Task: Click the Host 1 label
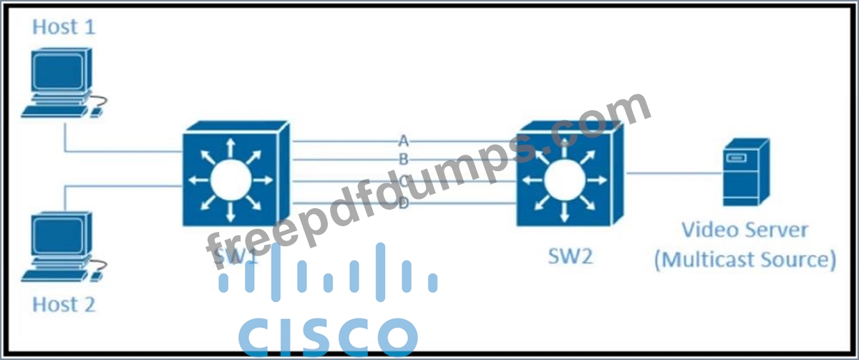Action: pos(64,28)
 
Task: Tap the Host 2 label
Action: pos(64,304)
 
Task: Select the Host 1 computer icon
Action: pos(61,82)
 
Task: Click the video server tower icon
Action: pos(746,172)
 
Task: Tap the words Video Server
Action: pos(744,230)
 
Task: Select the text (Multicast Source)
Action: pos(744,258)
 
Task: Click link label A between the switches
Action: pos(404,139)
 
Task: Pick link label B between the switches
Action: pos(404,158)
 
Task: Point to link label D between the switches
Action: pos(404,205)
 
